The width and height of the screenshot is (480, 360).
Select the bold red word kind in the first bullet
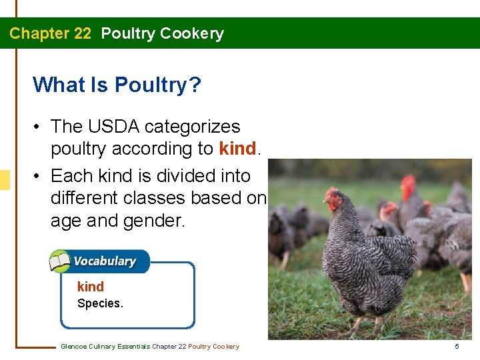coord(237,149)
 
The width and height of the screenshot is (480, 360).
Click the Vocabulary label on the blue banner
coord(104,261)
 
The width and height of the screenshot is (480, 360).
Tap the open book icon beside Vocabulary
coord(60,261)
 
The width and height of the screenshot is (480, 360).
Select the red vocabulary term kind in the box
coord(91,287)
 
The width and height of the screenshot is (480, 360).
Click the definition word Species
coord(100,303)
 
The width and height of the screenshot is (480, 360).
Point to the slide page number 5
coord(457,346)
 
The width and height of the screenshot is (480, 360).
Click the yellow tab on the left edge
coord(5,180)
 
